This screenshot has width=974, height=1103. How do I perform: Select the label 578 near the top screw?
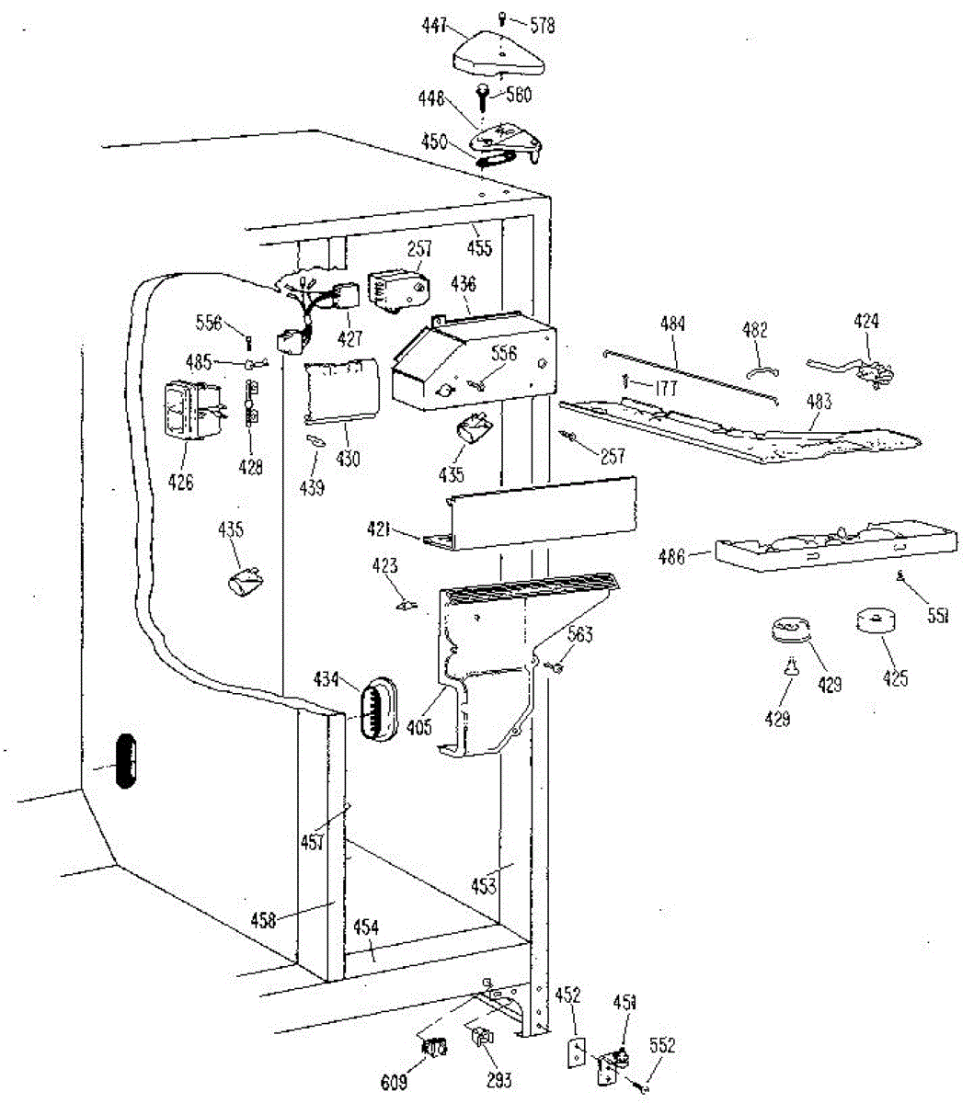point(543,26)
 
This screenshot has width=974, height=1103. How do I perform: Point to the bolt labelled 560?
point(483,95)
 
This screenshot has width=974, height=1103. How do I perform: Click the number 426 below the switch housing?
point(180,482)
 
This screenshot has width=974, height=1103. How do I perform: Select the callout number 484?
point(673,324)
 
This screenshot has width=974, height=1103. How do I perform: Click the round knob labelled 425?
point(877,622)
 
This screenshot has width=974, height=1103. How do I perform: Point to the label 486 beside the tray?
point(673,555)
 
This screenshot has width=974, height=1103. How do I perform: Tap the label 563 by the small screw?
point(580,634)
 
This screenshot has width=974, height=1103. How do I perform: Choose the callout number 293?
point(498,1081)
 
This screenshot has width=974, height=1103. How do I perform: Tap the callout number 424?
point(865,321)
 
